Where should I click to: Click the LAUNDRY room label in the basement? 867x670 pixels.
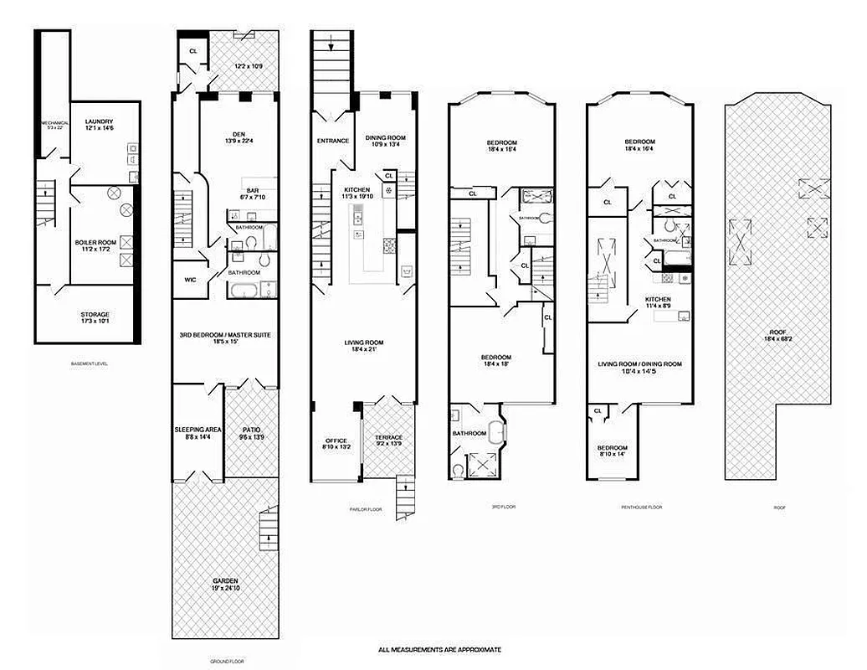[x=99, y=121]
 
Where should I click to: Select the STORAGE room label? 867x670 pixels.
[x=95, y=314]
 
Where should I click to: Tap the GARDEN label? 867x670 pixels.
[x=224, y=580]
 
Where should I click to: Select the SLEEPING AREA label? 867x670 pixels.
[x=198, y=429]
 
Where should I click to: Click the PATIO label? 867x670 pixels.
[x=252, y=429]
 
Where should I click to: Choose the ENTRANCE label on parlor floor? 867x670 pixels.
[x=332, y=141]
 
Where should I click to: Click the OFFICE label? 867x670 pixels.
[x=336, y=441]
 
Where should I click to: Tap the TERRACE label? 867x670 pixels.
[x=390, y=437]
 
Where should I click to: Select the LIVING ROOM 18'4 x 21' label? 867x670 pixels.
[x=364, y=342]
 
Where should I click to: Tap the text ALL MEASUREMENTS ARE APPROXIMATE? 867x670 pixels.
[x=439, y=649]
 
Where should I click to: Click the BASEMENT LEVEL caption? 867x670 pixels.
[x=90, y=364]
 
